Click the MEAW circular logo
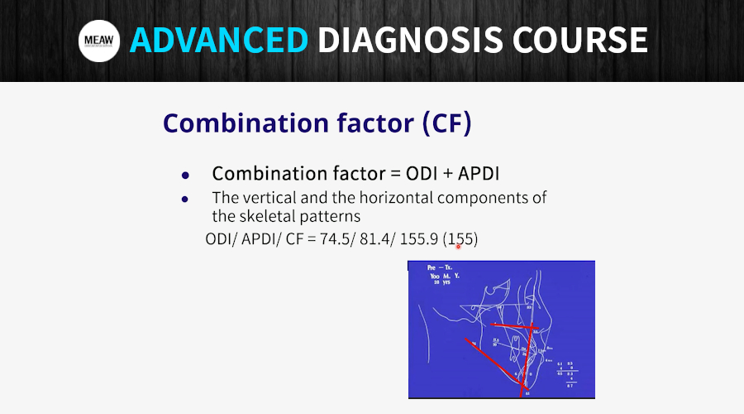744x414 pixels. pyautogui.click(x=100, y=41)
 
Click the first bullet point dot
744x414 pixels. pyautogui.click(x=186, y=176)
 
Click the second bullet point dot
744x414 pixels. pyautogui.click(x=186, y=200)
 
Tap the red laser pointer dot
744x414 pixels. pyautogui.click(x=458, y=245)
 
